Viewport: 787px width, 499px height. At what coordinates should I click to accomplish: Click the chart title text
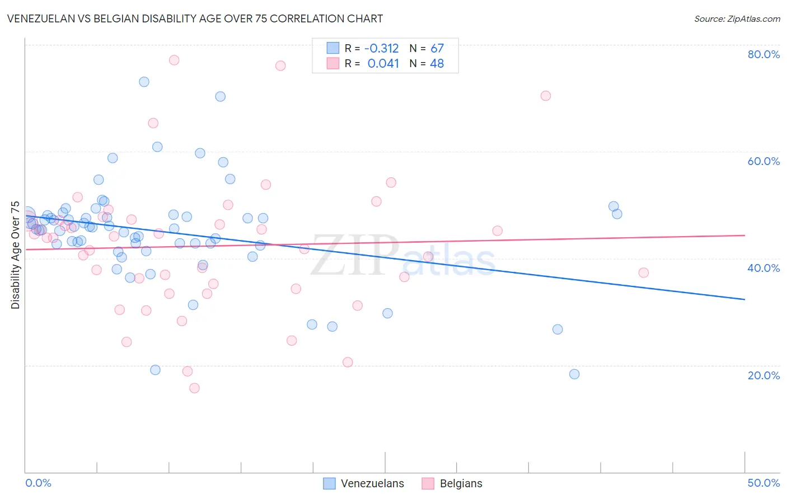pos(195,18)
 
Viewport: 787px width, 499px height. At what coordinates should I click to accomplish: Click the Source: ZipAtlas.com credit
pos(737,19)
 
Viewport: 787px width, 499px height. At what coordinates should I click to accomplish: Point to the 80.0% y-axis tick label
pos(763,54)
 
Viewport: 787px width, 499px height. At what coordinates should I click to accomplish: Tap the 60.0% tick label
pos(763,161)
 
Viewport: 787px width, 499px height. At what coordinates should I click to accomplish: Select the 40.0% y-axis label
pos(763,268)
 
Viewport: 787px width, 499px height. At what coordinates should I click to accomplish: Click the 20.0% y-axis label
pos(763,375)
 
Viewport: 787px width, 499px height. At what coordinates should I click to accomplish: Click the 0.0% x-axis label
pos(38,483)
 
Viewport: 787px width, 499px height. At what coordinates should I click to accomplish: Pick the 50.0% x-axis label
pos(763,483)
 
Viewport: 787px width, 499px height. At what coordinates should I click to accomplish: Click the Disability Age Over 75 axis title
pos(16,255)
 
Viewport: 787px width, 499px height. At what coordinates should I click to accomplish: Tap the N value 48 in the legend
pos(437,64)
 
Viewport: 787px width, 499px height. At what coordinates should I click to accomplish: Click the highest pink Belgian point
pos(174,60)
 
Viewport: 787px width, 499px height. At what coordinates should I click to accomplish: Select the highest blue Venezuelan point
pos(144,82)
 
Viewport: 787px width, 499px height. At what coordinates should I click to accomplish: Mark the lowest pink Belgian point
pos(194,388)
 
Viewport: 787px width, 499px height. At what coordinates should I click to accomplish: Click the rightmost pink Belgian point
pos(644,272)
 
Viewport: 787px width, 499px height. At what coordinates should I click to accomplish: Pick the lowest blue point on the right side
pos(574,374)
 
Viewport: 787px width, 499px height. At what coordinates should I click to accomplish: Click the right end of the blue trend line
pos(744,299)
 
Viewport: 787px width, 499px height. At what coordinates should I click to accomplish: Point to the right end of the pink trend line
pos(744,236)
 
